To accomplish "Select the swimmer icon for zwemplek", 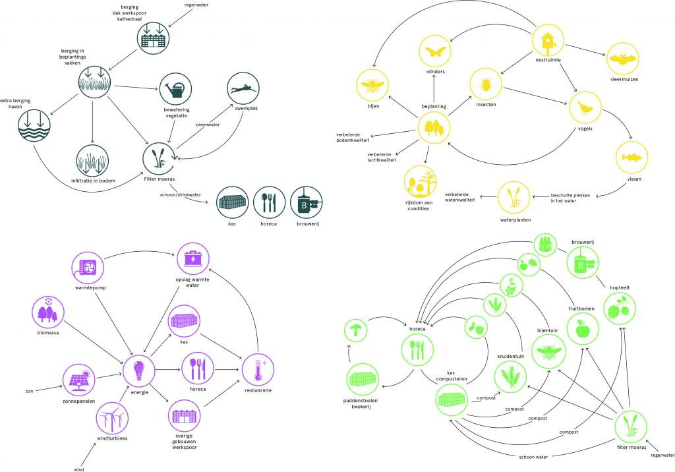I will [243, 88].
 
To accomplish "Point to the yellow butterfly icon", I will [435, 51].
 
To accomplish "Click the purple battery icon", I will [192, 259].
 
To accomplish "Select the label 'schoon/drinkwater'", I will [180, 195].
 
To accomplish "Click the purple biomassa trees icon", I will [50, 314].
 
